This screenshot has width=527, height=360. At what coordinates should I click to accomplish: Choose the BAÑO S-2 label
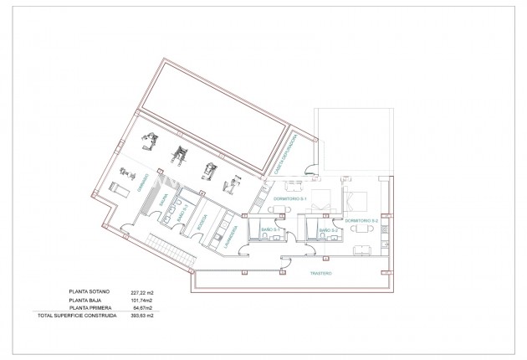click(x=328, y=229)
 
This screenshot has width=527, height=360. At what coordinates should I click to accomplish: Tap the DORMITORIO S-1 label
click(x=292, y=198)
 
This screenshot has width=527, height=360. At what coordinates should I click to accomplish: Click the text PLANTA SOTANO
click(x=90, y=294)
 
